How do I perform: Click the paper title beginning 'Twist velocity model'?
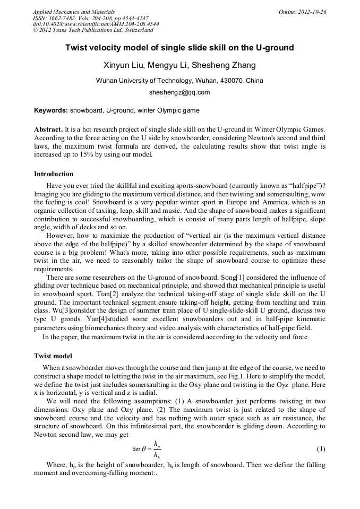pos(179,48)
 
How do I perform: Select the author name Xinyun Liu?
pos(122,66)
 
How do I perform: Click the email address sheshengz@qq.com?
pos(179,92)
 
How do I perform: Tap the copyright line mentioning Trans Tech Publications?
pos(93,31)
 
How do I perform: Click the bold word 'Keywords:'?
pos(51,110)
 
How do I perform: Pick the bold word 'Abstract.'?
pos(48,130)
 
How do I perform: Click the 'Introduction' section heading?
pos(54,174)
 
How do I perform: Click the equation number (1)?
pos(321,449)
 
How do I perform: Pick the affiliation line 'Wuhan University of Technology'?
pos(179,81)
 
